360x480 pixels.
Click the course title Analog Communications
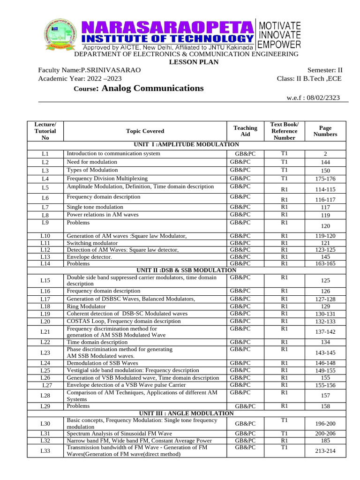(152, 88)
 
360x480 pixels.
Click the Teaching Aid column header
(245, 131)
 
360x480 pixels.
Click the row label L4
(45, 179)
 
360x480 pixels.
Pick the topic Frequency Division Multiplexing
(107, 179)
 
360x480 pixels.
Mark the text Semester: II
(324, 70)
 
